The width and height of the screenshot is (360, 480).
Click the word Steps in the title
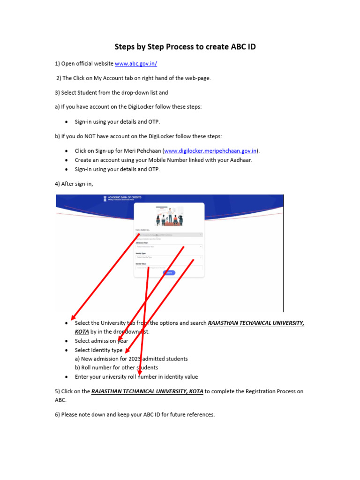point(127,47)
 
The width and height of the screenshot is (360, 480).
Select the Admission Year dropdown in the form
point(169,246)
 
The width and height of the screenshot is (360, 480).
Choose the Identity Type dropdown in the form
point(169,257)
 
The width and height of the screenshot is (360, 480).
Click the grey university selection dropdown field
point(169,234)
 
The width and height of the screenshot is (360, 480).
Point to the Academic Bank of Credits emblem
point(105,199)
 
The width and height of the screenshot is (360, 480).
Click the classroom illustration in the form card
point(169,216)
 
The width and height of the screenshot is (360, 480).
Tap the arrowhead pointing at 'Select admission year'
point(120,339)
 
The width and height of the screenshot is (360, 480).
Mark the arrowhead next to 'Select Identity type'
point(128,350)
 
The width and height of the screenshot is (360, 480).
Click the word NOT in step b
point(88,136)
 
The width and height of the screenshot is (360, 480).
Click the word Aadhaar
point(241,160)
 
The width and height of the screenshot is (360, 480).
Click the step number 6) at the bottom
point(58,414)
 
